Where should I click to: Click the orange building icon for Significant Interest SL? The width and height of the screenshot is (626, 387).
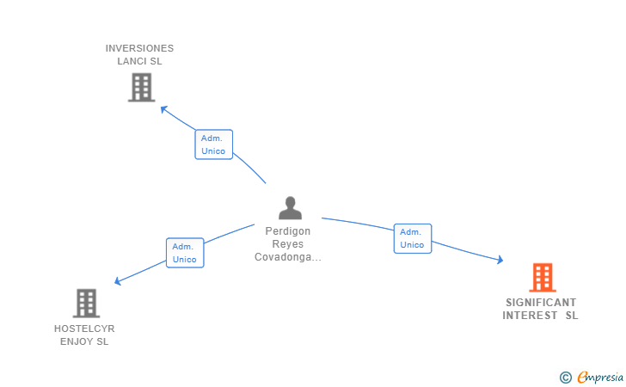point(542,278)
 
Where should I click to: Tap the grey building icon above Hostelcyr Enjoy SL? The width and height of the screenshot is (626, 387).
point(86,303)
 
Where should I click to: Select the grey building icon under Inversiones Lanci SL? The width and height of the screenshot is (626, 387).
point(141,87)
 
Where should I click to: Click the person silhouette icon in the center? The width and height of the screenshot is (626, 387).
point(291,207)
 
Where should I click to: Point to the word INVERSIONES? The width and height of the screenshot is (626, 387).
point(139,48)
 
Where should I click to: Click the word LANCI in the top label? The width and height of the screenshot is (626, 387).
point(132,61)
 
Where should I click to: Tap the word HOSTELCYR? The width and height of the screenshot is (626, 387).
point(84,329)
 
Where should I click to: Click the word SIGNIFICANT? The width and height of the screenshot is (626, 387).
point(541,303)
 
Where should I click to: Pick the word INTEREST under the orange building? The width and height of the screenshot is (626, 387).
point(531,316)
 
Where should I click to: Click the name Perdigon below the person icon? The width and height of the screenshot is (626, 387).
point(288,231)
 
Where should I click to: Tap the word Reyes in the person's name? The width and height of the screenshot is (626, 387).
point(288,244)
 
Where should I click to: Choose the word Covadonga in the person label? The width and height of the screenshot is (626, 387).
point(285,257)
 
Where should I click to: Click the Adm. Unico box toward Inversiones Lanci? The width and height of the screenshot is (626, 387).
point(213,144)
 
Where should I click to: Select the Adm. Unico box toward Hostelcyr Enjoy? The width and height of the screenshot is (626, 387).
point(185,253)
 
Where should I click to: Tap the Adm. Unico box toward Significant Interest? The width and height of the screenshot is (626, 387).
point(412,238)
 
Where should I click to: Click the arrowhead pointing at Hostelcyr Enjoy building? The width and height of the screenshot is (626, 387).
point(118,281)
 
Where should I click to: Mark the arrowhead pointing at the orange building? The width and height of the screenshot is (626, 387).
point(500,260)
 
